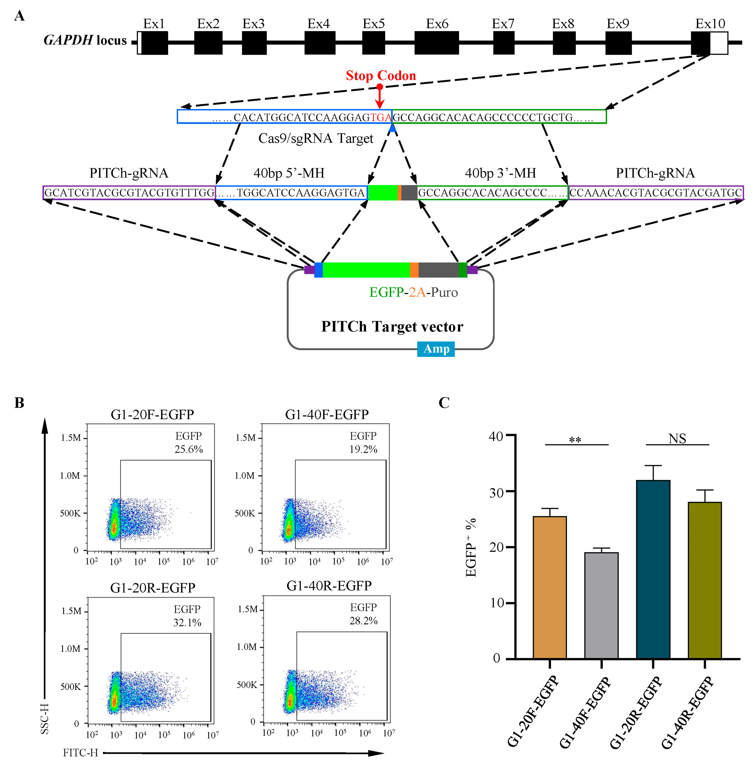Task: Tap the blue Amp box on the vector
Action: pyautogui.click(x=436, y=349)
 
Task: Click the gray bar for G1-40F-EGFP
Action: pyautogui.click(x=601, y=605)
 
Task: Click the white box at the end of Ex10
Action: pyautogui.click(x=719, y=43)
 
